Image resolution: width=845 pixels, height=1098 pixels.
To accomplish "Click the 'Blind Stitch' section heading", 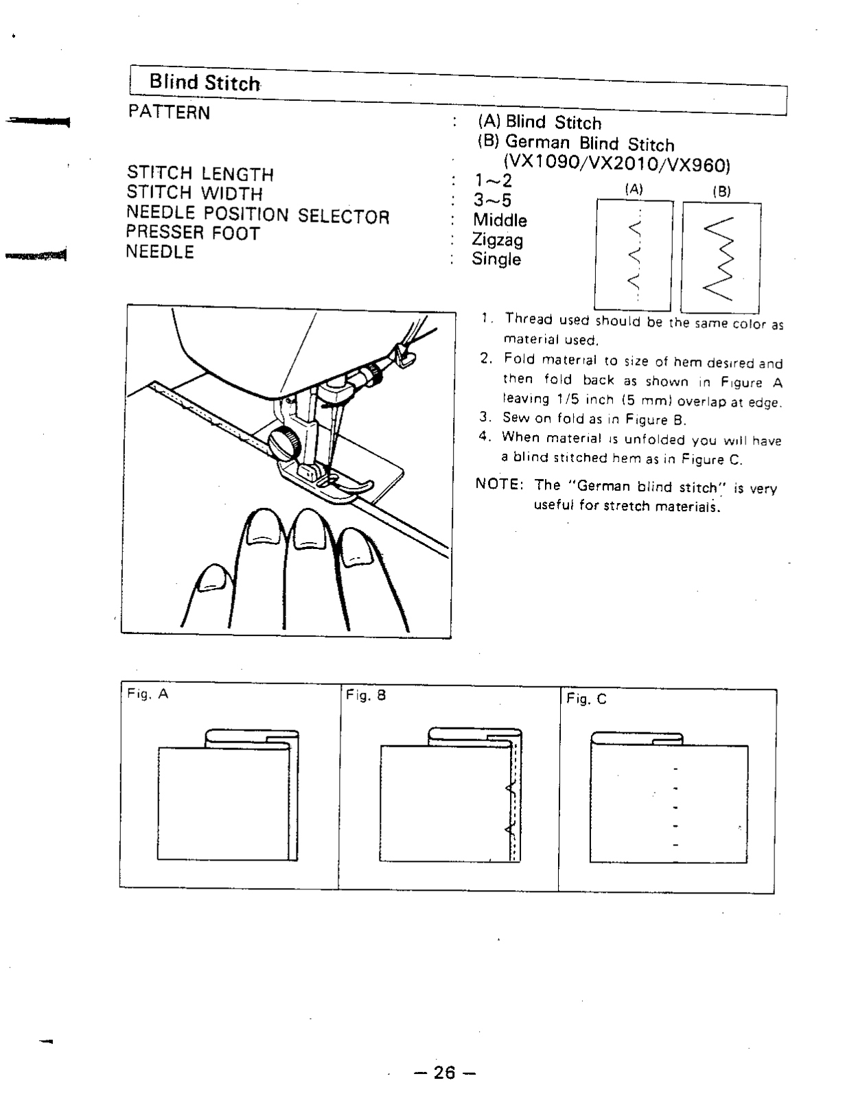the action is click(x=205, y=83).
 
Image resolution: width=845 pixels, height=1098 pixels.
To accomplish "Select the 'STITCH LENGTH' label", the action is click(x=200, y=174).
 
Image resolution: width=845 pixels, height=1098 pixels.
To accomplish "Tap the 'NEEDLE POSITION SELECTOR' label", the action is click(x=257, y=215).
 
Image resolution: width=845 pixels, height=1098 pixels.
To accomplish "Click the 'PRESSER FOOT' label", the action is click(x=193, y=233).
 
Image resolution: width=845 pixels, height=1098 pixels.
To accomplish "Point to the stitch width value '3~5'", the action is click(x=492, y=200).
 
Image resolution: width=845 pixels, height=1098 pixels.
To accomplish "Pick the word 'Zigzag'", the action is click(x=497, y=240).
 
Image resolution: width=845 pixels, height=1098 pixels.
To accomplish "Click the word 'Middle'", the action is click(x=500, y=220).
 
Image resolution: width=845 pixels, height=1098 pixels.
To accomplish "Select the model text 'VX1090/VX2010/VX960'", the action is click(x=616, y=165).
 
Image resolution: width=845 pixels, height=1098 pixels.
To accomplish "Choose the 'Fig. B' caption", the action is click(x=366, y=695).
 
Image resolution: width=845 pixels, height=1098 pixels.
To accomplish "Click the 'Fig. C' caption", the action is click(x=586, y=699).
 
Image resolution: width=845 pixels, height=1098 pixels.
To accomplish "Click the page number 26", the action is click(x=444, y=1072).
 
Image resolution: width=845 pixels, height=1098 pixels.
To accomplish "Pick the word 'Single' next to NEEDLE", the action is click(x=496, y=259).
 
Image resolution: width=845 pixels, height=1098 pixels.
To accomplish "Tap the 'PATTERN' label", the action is click(x=169, y=113).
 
